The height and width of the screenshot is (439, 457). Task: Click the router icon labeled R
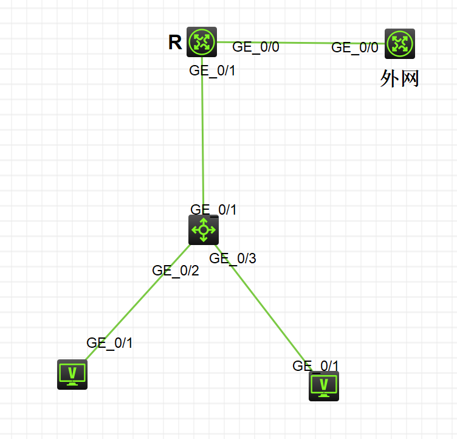(x=202, y=42)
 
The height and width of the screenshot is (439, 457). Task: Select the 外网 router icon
(x=400, y=44)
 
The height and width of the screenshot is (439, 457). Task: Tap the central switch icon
(x=203, y=230)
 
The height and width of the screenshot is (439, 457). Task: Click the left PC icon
(x=72, y=374)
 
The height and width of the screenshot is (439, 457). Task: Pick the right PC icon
(x=324, y=385)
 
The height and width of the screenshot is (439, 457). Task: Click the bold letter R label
(x=175, y=42)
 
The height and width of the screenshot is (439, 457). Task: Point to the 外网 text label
(x=399, y=78)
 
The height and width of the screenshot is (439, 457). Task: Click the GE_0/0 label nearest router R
(x=256, y=47)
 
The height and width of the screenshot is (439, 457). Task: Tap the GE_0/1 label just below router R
(x=212, y=71)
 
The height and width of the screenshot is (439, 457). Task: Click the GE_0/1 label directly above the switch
(x=213, y=210)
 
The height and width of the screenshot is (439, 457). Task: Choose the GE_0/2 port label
(x=176, y=271)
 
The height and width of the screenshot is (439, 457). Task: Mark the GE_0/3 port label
(x=233, y=258)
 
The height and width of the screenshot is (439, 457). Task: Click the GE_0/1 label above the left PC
(x=109, y=342)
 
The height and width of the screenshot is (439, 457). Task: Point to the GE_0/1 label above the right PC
(x=315, y=365)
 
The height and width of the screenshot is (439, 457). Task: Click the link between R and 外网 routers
(x=304, y=43)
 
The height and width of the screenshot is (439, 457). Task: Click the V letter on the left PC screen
(x=72, y=372)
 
